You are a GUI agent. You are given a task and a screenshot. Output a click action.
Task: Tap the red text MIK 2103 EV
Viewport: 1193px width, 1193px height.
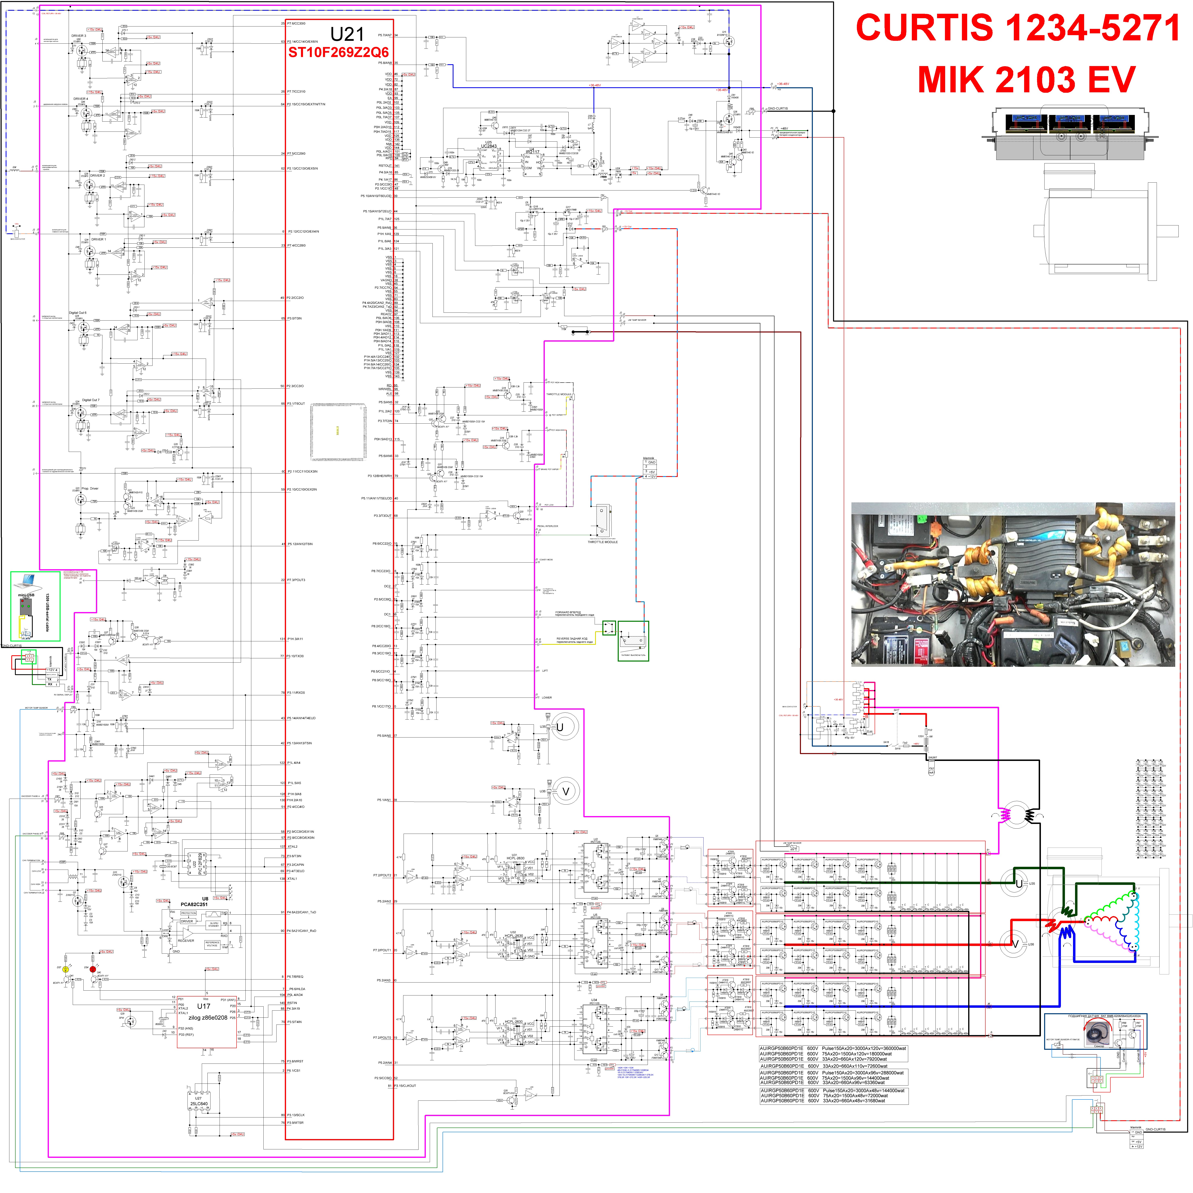pyautogui.click(x=1026, y=79)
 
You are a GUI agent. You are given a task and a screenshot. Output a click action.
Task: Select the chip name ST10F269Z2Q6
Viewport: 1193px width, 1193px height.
pyautogui.click(x=338, y=53)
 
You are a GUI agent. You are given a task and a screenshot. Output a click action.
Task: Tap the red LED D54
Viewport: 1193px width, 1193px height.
pyautogui.click(x=93, y=969)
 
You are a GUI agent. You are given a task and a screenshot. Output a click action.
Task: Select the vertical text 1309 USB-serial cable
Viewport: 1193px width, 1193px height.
pyautogui.click(x=47, y=612)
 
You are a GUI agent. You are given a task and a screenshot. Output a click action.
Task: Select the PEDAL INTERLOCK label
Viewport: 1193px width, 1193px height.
pyautogui.click(x=548, y=526)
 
